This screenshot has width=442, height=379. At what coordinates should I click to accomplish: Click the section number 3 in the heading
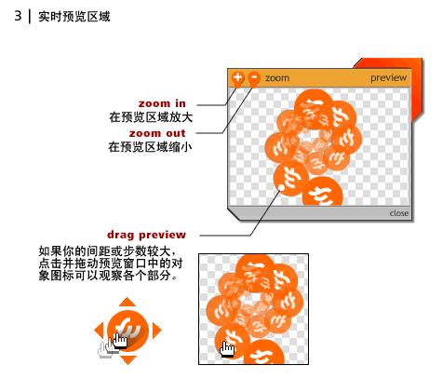pos(18,16)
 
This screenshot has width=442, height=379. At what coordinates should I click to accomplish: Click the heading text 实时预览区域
pos(74,17)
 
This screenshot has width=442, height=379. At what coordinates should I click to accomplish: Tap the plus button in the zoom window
pos(238,77)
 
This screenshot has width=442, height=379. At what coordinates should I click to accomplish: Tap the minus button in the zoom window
pos(254,77)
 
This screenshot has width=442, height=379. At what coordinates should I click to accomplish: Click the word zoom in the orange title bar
pos(277,78)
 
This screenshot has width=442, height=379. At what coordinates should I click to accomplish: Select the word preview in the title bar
pos(388,77)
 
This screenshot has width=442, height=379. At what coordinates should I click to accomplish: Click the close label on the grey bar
pos(399,213)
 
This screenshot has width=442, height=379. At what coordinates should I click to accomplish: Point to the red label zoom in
pos(162,103)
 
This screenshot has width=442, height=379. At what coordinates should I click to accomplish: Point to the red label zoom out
pos(157,133)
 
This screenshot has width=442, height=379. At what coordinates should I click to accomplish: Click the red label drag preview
pos(147,235)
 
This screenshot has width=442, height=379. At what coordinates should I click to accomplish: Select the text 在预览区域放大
pos(151,117)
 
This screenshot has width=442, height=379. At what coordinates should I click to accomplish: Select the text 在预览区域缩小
pos(150,147)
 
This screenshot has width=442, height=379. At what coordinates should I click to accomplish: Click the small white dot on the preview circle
pos(282,187)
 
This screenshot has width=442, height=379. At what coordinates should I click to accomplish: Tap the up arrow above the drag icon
pos(127,302)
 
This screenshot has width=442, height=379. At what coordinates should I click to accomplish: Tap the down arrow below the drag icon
pos(127,360)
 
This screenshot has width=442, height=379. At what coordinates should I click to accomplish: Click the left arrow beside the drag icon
pos(100,331)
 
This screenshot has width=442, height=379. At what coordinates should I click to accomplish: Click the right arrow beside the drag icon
pos(157,331)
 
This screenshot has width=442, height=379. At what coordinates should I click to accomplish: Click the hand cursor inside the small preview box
pos(227,349)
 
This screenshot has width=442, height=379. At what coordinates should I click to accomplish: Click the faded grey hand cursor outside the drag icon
pos(105,350)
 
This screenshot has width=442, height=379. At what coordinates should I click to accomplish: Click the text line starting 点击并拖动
pos(111,264)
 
